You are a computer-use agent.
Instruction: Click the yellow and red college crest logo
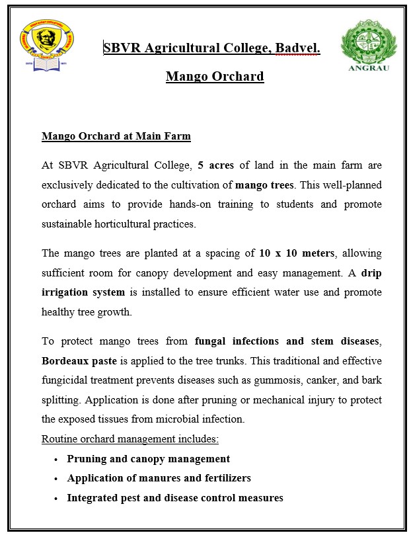pos(47,47)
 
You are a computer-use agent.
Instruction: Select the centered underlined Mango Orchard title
pos(215,77)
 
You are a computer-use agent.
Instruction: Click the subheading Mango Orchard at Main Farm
pos(116,137)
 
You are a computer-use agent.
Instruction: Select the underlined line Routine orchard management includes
pos(130,439)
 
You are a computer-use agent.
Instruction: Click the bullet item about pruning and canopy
pos(149,459)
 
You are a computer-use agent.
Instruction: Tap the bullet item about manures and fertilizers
pos(159,478)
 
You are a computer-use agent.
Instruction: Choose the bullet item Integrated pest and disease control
pos(175,498)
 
